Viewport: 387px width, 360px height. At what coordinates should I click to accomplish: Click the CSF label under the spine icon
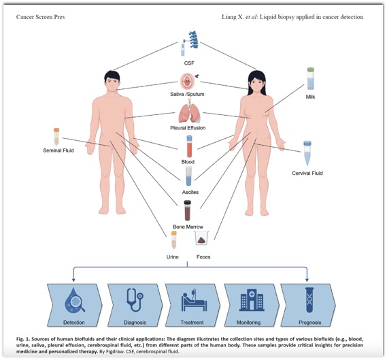(x=189, y=63)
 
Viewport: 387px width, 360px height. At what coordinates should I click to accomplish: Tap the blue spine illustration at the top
(x=193, y=39)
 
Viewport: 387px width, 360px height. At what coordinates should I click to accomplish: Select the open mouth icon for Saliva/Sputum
(x=188, y=81)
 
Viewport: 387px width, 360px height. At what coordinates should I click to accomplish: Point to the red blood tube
(x=189, y=146)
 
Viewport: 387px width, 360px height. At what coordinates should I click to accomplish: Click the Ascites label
(x=190, y=192)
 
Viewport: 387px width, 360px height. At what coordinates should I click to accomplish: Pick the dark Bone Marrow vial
(x=188, y=210)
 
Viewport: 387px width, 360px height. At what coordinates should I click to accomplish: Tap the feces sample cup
(x=201, y=238)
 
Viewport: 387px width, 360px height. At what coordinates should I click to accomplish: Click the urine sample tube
(x=174, y=240)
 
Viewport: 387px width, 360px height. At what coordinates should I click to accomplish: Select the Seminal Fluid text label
(x=58, y=150)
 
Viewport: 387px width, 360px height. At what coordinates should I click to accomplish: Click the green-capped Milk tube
(x=311, y=78)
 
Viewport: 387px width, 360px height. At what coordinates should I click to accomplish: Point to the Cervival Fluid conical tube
(x=307, y=153)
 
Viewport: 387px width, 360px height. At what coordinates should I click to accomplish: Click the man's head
(x=112, y=81)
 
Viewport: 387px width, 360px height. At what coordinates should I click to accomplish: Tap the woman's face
(x=257, y=83)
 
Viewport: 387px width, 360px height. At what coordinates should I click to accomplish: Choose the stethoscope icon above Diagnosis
(x=135, y=300)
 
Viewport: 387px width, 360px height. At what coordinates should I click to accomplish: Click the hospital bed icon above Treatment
(x=194, y=299)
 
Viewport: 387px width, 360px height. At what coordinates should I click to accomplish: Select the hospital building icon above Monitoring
(x=252, y=300)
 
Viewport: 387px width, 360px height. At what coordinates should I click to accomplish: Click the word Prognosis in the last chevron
(x=309, y=323)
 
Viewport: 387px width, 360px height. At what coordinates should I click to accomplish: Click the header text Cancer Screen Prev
(x=41, y=17)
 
